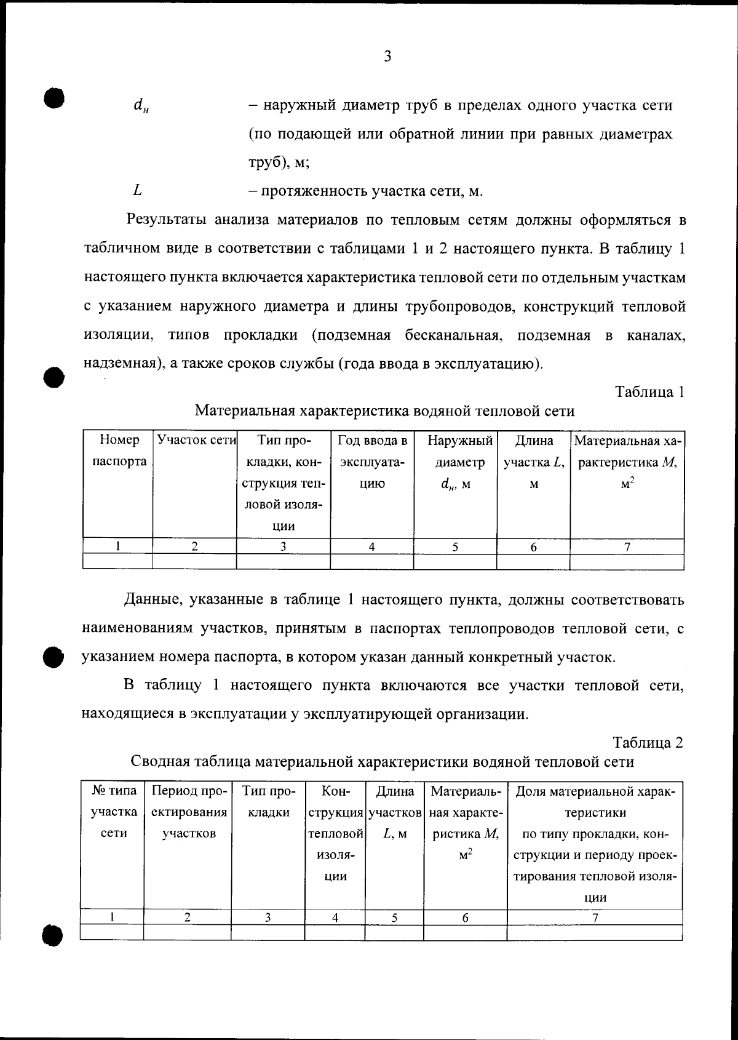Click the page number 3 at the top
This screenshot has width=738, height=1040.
pos(387,57)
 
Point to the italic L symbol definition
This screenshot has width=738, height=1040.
pos(138,191)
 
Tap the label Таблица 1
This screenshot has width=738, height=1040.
pos(649,392)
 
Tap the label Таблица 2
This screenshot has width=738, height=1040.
pos(648,743)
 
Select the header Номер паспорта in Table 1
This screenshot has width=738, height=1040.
pos(119,451)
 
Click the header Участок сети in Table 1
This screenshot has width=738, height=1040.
pos(196,441)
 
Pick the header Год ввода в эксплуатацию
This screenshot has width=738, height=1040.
pos(372,462)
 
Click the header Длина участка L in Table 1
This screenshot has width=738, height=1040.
pos(533,462)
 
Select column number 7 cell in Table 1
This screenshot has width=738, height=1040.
pos(627,546)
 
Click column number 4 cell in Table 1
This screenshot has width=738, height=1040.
pos(371,546)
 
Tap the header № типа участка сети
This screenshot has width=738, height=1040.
pos(114,812)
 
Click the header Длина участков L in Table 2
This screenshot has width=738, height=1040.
pos(395,812)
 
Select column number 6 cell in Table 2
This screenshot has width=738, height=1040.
pos(465,918)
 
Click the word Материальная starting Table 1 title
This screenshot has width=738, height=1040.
pos(243,411)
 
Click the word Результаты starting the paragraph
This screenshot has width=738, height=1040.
pos(165,220)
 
